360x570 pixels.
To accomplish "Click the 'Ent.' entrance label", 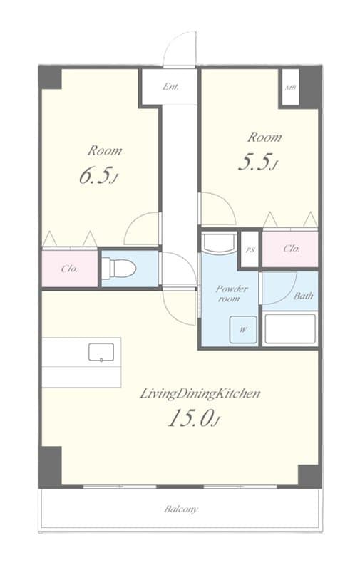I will [x=170, y=88].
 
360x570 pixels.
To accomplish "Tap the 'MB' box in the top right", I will [x=290, y=88].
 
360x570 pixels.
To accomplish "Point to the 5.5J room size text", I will [x=257, y=163].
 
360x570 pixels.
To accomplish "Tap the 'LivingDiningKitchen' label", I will [x=200, y=393].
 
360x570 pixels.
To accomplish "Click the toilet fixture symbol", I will [x=118, y=269].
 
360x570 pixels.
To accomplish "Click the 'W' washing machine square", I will [x=243, y=329].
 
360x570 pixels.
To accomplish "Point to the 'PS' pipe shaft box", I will [x=250, y=250].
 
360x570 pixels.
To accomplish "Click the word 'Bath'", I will [x=304, y=296].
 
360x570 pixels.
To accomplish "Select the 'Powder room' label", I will [x=231, y=294].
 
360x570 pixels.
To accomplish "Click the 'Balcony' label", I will [x=181, y=509].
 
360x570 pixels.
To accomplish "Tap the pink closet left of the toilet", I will [x=69, y=269].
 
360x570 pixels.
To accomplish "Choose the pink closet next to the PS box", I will [x=290, y=249].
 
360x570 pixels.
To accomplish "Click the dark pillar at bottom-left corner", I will [x=50, y=467].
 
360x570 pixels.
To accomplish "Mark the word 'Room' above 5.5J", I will [x=264, y=137].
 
